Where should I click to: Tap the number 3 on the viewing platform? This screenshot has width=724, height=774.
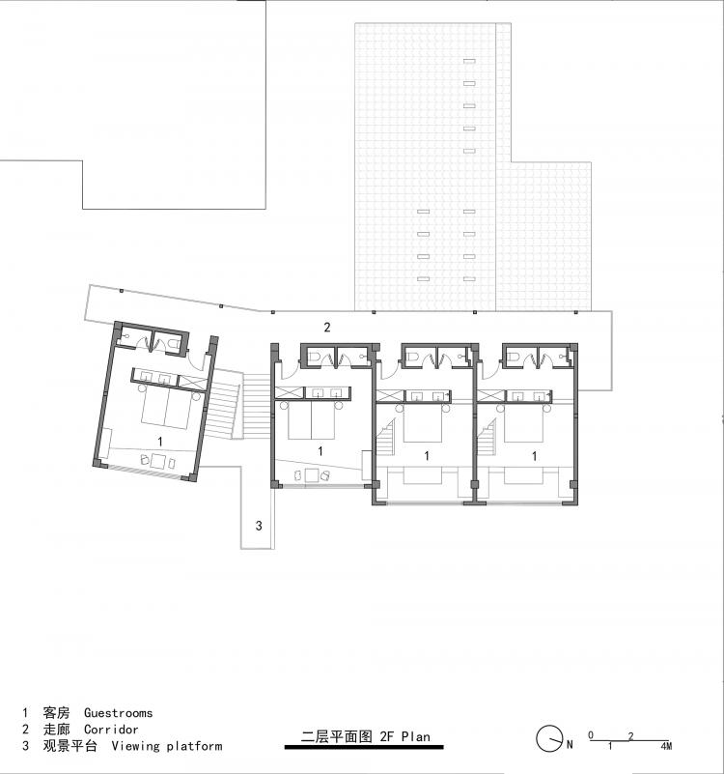click(x=258, y=526)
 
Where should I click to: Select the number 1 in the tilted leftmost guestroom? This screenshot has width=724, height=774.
click(x=160, y=440)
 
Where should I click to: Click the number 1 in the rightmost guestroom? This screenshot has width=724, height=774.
click(x=534, y=455)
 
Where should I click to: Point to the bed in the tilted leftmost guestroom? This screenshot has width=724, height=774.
click(x=166, y=410)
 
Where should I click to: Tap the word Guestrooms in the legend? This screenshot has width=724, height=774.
click(x=118, y=713)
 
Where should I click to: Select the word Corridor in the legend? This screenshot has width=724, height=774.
click(x=111, y=730)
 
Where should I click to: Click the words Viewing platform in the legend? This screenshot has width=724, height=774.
click(x=166, y=746)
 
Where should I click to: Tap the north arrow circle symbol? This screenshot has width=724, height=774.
click(x=548, y=739)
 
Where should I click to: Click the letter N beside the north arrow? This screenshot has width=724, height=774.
click(x=570, y=743)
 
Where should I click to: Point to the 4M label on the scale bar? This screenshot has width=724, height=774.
click(x=666, y=747)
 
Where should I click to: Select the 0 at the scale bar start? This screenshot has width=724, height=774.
click(x=591, y=735)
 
